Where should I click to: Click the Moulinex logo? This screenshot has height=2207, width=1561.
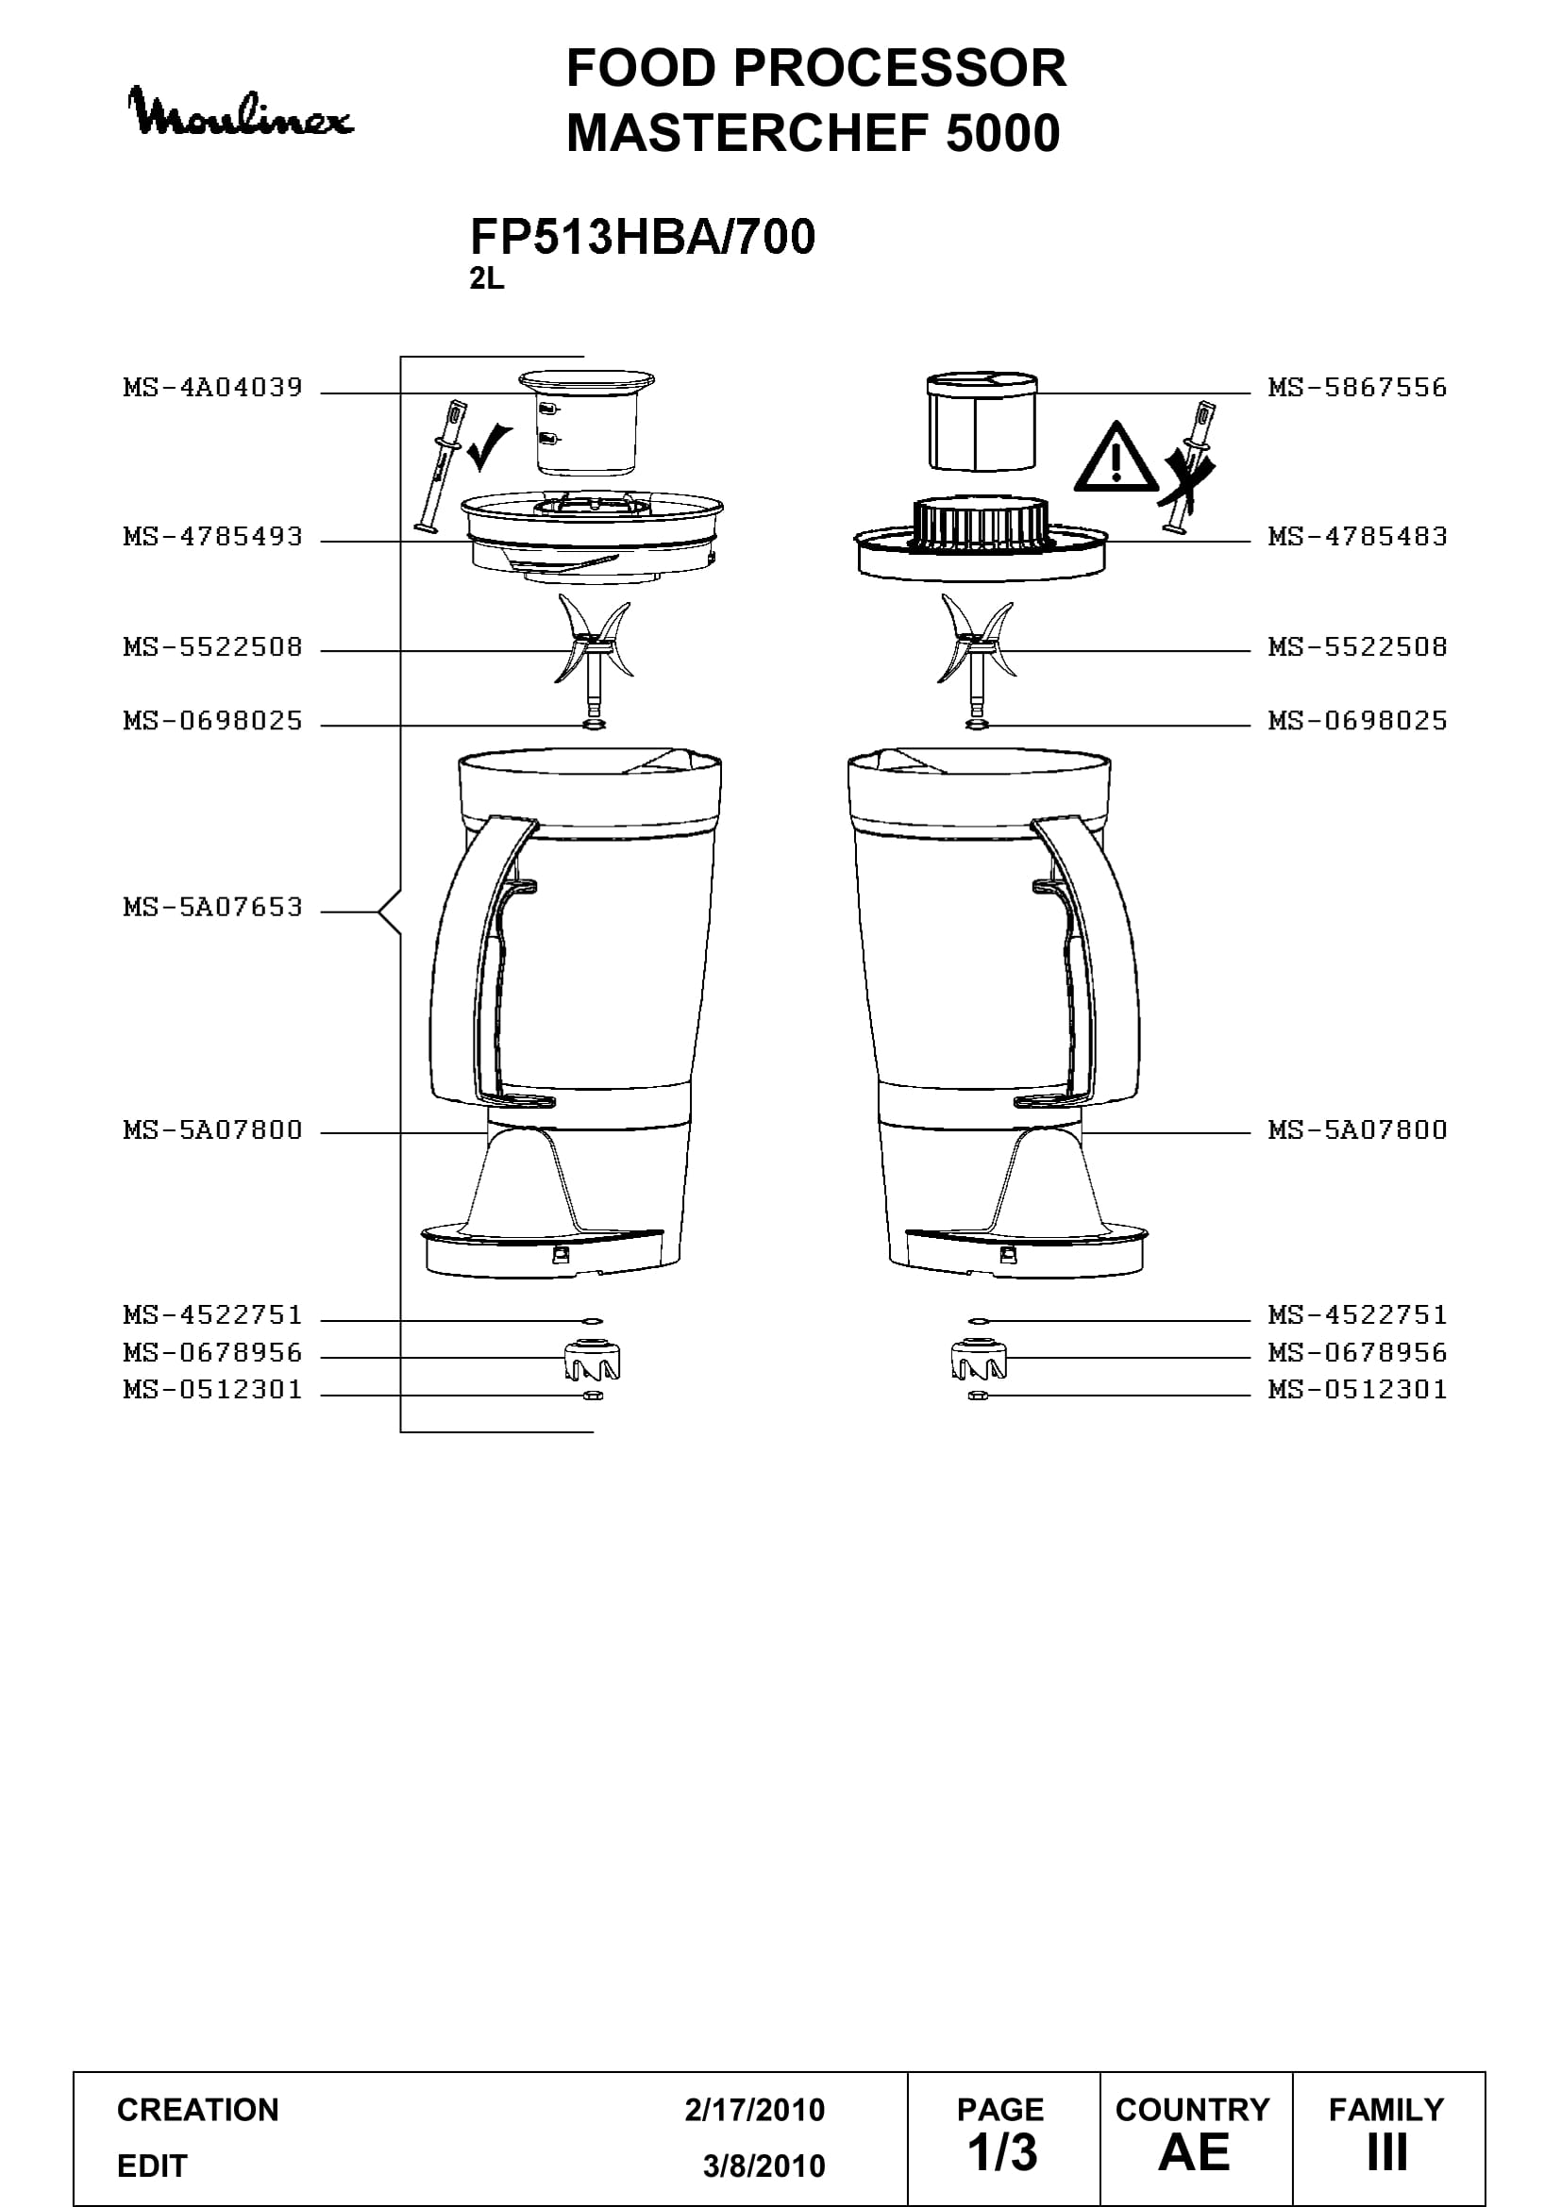point(243,111)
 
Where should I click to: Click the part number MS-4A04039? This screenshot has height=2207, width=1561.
point(212,389)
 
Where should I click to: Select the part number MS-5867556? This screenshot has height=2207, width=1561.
point(1357,389)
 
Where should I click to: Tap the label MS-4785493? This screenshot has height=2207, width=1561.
point(212,537)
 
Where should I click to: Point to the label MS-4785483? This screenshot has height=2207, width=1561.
point(1357,537)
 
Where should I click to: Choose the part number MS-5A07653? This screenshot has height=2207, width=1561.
point(212,908)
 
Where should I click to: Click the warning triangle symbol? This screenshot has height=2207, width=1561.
point(1115,458)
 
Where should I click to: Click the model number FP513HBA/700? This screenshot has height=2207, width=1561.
point(642,237)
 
